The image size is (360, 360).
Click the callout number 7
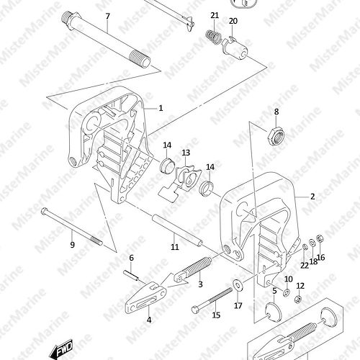pyautogui.click(x=108, y=17)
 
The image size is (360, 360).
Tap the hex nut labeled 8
pyautogui.click(x=276, y=137)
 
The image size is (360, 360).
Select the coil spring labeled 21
pyautogui.click(x=213, y=37)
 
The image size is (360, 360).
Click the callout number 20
pyautogui.click(x=233, y=21)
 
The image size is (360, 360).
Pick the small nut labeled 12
pyautogui.click(x=298, y=299)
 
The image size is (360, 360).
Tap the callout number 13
pyautogui.click(x=186, y=153)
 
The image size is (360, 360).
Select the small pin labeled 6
pyautogui.click(x=131, y=275)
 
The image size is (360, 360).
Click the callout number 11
pyautogui.click(x=175, y=246)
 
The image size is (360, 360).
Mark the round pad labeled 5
pyautogui.click(x=273, y=312)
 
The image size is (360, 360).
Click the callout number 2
pyautogui.click(x=312, y=197)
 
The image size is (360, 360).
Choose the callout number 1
pyautogui.click(x=161, y=108)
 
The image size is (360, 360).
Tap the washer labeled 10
pyautogui.click(x=287, y=293)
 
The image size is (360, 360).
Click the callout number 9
pyautogui.click(x=73, y=245)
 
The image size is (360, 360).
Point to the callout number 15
pyautogui.click(x=216, y=315)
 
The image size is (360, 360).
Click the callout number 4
pyautogui.click(x=149, y=320)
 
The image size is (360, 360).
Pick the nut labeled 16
pyautogui.click(x=320, y=238)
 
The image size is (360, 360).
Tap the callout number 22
pyautogui.click(x=305, y=266)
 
